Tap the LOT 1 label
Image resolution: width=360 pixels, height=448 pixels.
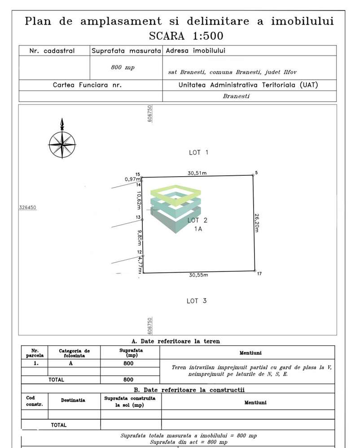coord(198,152)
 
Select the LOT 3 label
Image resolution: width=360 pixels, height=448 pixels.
coord(197,301)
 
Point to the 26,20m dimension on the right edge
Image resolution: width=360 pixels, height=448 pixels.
coord(257,222)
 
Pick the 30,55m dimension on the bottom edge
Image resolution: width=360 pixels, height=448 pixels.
coord(198,275)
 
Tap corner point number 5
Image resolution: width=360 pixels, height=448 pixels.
coord(253,175)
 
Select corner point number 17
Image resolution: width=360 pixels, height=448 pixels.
coord(255,271)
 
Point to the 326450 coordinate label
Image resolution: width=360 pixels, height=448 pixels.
coord(28,208)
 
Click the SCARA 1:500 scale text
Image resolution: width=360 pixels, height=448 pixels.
coord(186,36)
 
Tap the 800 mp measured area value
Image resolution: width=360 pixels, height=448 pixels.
coord(123,67)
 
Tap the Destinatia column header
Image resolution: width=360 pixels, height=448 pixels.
coord(73,400)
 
